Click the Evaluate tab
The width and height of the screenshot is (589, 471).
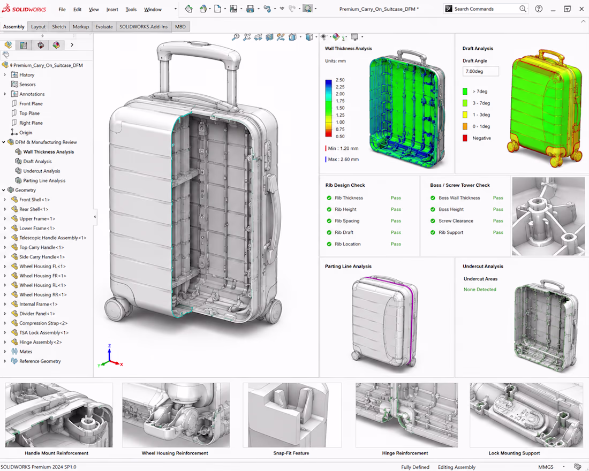pyautogui.click(x=104, y=27)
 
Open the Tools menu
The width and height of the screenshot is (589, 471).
pyautogui.click(x=131, y=10)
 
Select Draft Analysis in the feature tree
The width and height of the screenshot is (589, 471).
pyautogui.click(x=37, y=161)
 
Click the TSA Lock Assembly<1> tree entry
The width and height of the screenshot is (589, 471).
pyautogui.click(x=44, y=332)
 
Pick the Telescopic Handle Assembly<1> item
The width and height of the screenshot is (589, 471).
pyautogui.click(x=52, y=238)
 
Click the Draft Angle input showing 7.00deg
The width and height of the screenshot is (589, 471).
pyautogui.click(x=480, y=71)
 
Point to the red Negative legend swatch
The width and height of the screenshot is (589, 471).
pyautogui.click(x=465, y=138)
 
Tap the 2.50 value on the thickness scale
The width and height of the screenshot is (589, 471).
pyautogui.click(x=340, y=80)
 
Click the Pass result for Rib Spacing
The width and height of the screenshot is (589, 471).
pyautogui.click(x=396, y=221)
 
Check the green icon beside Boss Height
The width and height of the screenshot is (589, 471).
pyautogui.click(x=433, y=209)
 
